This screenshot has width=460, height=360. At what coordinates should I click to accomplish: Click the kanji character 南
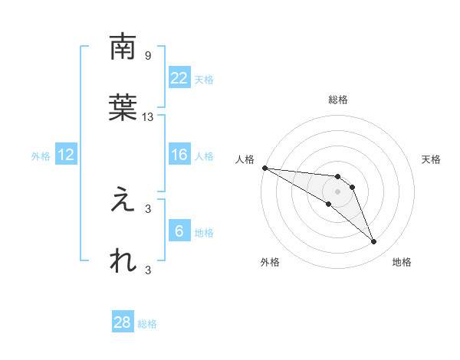[123, 47]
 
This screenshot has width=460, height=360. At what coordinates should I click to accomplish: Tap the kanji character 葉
[123, 108]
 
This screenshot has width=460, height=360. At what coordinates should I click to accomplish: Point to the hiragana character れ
[123, 261]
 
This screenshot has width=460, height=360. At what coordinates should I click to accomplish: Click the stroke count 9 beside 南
[148, 56]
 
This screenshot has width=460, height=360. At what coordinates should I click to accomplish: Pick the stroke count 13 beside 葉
[148, 117]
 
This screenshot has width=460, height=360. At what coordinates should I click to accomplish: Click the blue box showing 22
[179, 77]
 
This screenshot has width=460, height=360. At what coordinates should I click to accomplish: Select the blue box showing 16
[179, 155]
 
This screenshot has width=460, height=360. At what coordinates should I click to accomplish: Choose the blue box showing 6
[179, 231]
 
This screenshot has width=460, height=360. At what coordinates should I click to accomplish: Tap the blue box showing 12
[66, 155]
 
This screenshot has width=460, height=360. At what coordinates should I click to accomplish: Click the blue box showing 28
[123, 322]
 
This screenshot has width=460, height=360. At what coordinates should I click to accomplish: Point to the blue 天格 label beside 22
[203, 79]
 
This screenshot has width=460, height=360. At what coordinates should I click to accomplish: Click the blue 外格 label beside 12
[41, 156]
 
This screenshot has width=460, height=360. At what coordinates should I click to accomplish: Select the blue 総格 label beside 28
[147, 324]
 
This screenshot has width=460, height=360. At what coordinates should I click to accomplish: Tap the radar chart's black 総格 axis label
[338, 100]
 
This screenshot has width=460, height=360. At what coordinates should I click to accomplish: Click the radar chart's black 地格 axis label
[402, 262]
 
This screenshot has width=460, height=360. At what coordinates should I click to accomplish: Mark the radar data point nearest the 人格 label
[264, 168]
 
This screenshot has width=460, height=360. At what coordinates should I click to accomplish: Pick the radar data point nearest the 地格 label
[373, 242]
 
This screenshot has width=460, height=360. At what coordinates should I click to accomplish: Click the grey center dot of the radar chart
[337, 191]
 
